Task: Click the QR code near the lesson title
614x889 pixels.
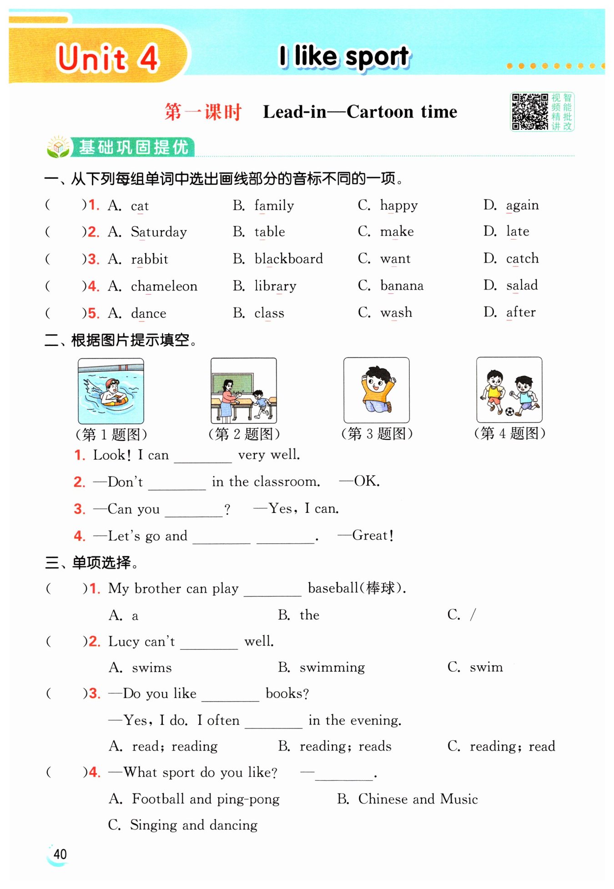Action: [x=530, y=112]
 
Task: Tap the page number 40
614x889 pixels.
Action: [x=60, y=854]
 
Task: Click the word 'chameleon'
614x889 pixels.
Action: [x=164, y=286]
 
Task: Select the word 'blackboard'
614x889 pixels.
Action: [x=288, y=259]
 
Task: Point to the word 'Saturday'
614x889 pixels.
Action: [x=159, y=232]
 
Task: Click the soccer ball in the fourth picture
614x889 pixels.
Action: [x=509, y=411]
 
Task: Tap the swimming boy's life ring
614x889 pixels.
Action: [x=114, y=401]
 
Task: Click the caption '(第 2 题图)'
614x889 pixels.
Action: [x=244, y=434]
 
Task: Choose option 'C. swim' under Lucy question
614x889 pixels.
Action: [x=475, y=667]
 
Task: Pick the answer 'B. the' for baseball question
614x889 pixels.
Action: [x=299, y=615]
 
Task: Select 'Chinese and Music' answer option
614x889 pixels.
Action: [x=418, y=799]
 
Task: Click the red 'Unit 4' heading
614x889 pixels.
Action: [x=107, y=58]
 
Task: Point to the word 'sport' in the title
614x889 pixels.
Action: [x=377, y=57]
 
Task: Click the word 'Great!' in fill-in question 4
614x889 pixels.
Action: [x=372, y=535]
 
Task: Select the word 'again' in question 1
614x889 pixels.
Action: [x=522, y=206]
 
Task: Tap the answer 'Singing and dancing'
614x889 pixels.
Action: [x=193, y=825]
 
